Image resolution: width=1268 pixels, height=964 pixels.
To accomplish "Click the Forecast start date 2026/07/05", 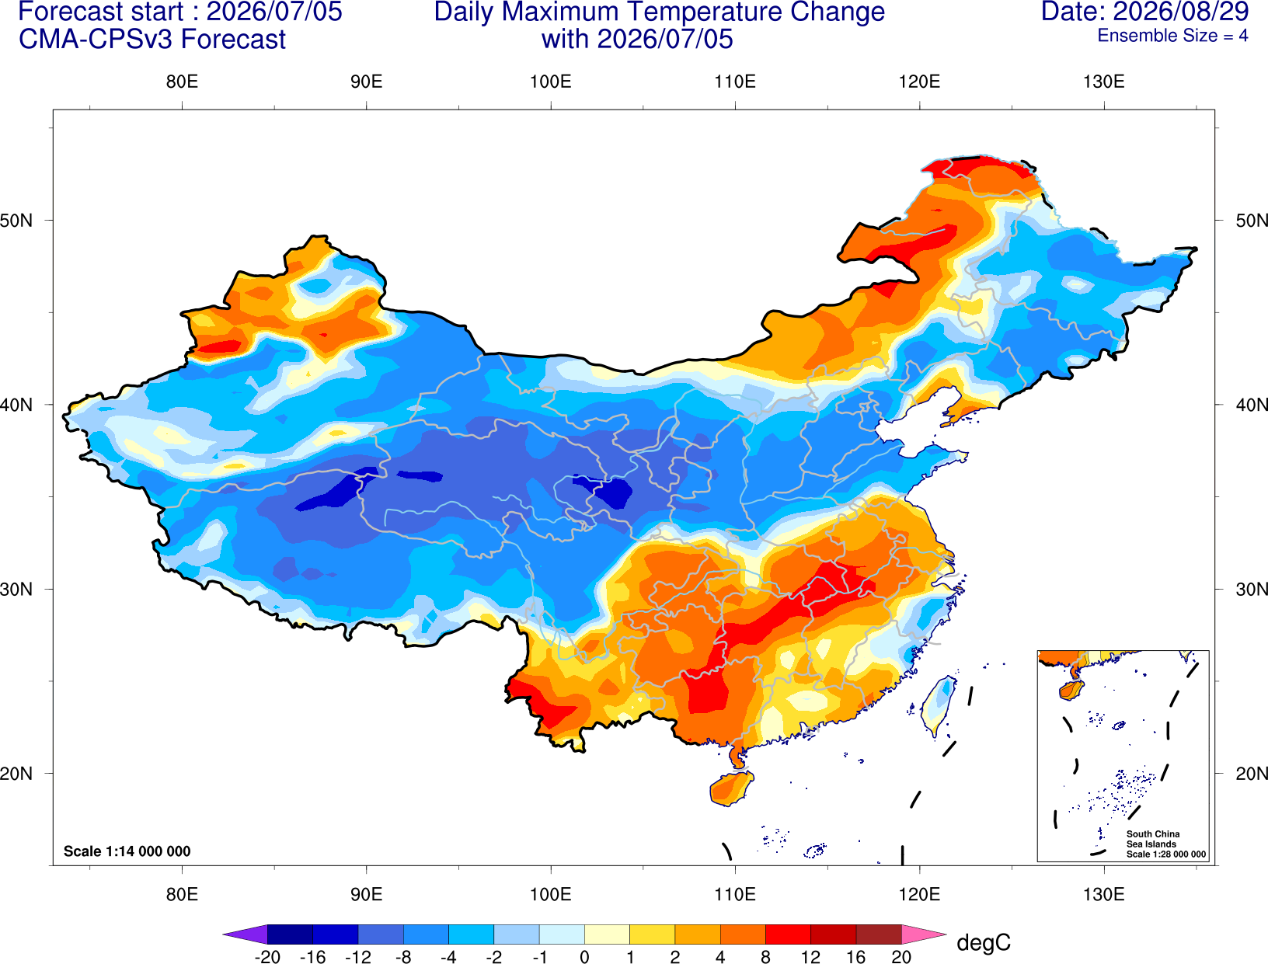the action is (274, 12).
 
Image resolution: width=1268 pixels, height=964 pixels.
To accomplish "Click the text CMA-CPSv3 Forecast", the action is (152, 40).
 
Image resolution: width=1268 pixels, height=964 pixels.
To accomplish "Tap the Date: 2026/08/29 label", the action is (1144, 12).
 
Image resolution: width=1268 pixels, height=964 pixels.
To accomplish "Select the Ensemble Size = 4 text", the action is (1172, 36).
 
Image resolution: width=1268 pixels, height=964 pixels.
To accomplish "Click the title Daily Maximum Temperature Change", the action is (659, 12).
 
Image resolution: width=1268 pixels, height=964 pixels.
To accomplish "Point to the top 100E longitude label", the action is (551, 82).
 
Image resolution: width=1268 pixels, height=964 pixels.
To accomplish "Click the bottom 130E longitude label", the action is (1103, 895).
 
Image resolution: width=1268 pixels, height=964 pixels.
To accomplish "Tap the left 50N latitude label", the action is (16, 220).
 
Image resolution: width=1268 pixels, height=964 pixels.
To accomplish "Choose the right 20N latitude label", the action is (1251, 774).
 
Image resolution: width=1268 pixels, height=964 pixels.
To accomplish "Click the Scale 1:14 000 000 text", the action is (127, 851).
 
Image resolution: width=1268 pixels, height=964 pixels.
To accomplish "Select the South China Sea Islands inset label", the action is (1153, 839).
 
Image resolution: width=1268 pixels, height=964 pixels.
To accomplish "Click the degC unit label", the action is (983, 942).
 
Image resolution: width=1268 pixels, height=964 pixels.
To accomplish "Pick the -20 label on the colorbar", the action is (267, 957).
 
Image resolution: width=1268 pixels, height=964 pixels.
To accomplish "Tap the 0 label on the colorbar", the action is (584, 957).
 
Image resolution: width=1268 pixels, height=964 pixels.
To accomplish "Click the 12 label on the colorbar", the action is (810, 957).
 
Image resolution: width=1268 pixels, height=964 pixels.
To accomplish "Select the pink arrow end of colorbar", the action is (922, 934).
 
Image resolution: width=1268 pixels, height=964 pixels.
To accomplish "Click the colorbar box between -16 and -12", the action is (336, 934).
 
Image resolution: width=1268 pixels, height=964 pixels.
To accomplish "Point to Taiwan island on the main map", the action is (937, 705).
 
